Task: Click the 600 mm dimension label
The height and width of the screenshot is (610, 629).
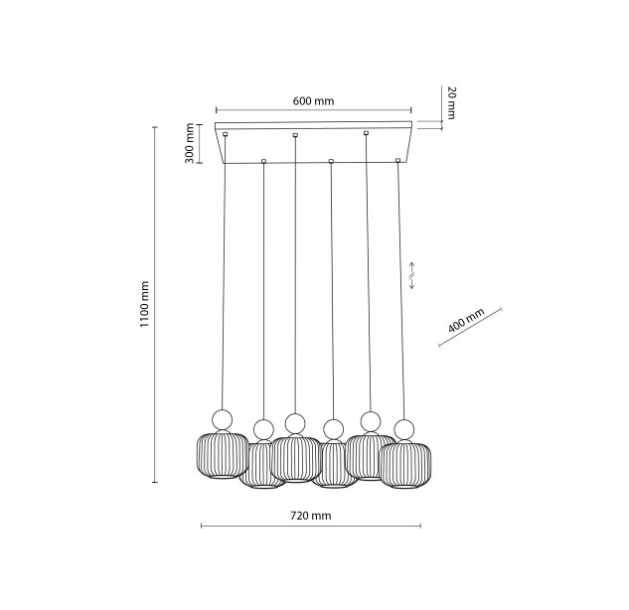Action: [313, 101]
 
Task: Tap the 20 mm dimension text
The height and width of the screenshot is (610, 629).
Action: [451, 102]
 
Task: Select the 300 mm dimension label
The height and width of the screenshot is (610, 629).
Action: [189, 143]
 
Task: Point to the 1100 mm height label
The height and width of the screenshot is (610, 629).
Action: [144, 304]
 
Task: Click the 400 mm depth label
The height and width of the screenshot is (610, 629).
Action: [466, 320]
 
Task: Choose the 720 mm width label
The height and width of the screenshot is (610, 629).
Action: [311, 516]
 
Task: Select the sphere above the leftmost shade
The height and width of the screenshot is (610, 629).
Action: [222, 420]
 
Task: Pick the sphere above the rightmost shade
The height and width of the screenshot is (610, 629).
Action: [404, 429]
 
